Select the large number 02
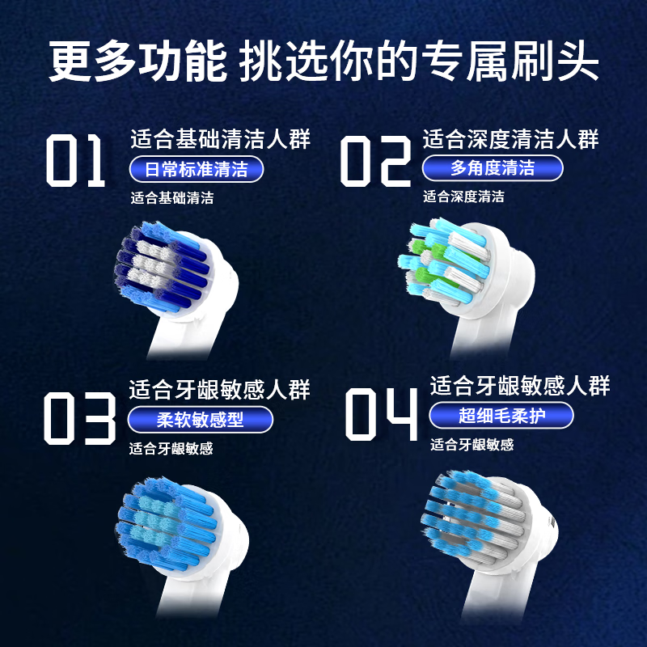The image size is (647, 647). tap(374, 161)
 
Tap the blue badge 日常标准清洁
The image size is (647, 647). tap(197, 169)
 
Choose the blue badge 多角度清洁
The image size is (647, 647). tap(492, 168)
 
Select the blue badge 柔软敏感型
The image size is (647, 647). tap(200, 420)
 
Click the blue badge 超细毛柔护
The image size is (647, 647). tap(502, 416)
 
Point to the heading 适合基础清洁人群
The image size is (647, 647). tap(220, 139)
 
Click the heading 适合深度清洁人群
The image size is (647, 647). tap(510, 139)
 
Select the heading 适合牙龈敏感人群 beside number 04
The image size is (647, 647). tap(519, 385)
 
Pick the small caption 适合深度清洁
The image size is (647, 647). tap(463, 197)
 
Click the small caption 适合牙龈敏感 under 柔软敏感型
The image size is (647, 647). tap(171, 449)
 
